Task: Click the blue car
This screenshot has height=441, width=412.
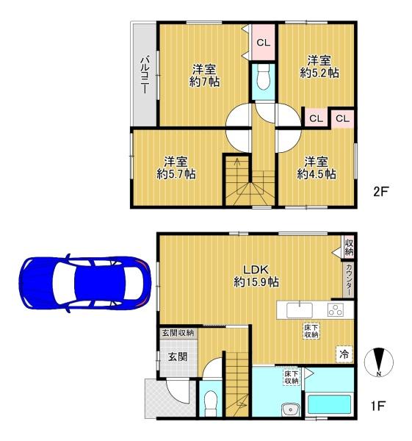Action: (85, 283)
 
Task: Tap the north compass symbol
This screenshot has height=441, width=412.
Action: (378, 362)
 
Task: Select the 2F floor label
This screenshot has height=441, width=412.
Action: (380, 192)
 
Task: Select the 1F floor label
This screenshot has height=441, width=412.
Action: (377, 406)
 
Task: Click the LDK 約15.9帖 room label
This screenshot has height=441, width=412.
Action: (256, 276)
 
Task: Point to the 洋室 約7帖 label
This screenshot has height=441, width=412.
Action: (204, 76)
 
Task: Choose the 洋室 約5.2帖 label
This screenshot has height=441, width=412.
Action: (319, 67)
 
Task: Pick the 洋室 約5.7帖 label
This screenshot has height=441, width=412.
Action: (176, 168)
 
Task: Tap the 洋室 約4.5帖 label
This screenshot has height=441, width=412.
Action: (317, 168)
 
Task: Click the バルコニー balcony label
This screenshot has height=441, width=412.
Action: (145, 75)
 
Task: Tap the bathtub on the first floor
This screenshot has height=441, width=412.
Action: (329, 404)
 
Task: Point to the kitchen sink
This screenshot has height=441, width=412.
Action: (300, 310)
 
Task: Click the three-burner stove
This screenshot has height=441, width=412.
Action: (336, 310)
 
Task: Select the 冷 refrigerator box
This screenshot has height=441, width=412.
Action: (344, 354)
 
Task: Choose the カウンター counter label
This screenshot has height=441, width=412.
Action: (349, 279)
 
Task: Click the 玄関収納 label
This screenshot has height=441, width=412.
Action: (178, 333)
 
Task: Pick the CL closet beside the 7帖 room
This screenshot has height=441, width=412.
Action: (264, 43)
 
